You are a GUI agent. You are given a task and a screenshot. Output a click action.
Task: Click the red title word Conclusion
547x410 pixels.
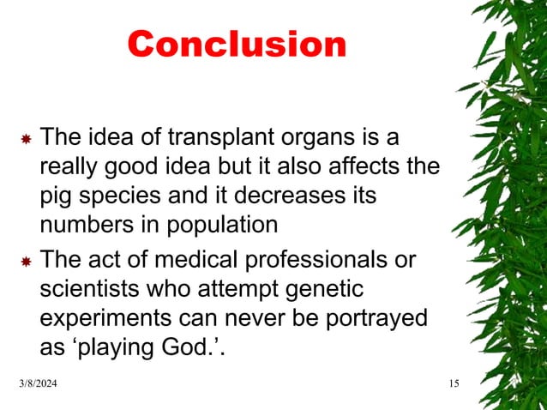click(237, 45)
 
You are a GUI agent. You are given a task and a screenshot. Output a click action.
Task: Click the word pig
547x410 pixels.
click(58, 196)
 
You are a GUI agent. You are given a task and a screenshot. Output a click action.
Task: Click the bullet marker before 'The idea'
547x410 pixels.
click(25, 138)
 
